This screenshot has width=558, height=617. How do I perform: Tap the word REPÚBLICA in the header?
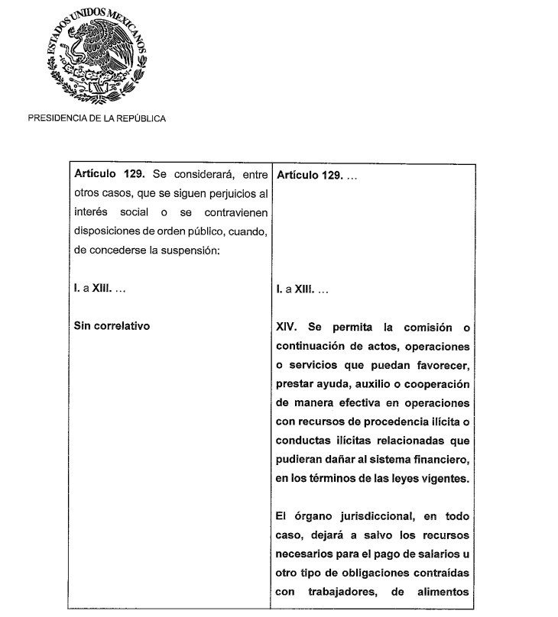142,118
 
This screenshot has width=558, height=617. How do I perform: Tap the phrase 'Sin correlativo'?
111,326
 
